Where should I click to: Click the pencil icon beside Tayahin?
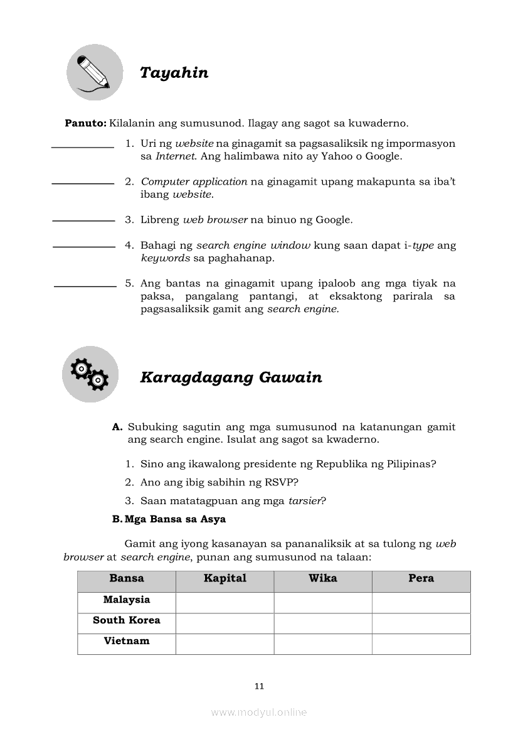click(95, 72)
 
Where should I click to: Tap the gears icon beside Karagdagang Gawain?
click(90, 374)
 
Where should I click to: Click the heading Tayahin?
click(174, 73)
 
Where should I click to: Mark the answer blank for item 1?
click(82, 147)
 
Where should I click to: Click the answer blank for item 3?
click(83, 220)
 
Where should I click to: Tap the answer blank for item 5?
click(85, 286)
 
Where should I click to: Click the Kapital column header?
click(225, 578)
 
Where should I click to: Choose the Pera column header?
click(421, 578)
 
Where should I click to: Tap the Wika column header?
click(323, 578)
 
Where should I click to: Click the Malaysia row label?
click(127, 600)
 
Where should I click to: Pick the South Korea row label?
click(127, 620)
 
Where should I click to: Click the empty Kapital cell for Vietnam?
click(225, 644)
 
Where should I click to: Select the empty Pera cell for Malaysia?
click(421, 602)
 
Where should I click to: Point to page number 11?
click(259, 686)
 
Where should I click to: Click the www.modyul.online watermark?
click(259, 712)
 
